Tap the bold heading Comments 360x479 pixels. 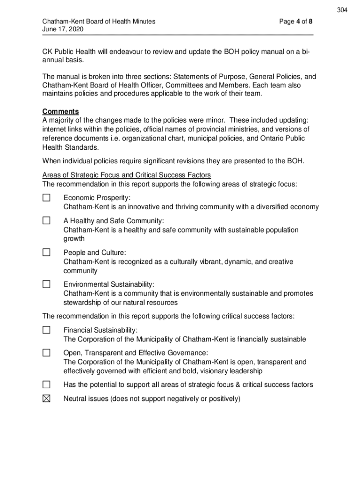click(60, 111)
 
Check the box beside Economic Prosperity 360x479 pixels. click(46, 197)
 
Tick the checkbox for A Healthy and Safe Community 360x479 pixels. click(46, 220)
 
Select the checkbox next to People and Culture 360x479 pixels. click(46, 253)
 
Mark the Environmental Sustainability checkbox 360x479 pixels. click(46, 284)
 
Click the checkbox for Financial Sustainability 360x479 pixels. click(46, 330)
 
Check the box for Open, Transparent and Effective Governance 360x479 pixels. click(46, 352)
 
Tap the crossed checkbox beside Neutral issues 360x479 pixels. click(46, 399)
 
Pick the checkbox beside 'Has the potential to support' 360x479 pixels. click(46, 385)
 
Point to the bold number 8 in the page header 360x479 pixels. click(310, 22)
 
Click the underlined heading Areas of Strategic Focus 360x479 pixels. click(126, 175)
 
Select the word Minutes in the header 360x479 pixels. click(143, 22)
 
